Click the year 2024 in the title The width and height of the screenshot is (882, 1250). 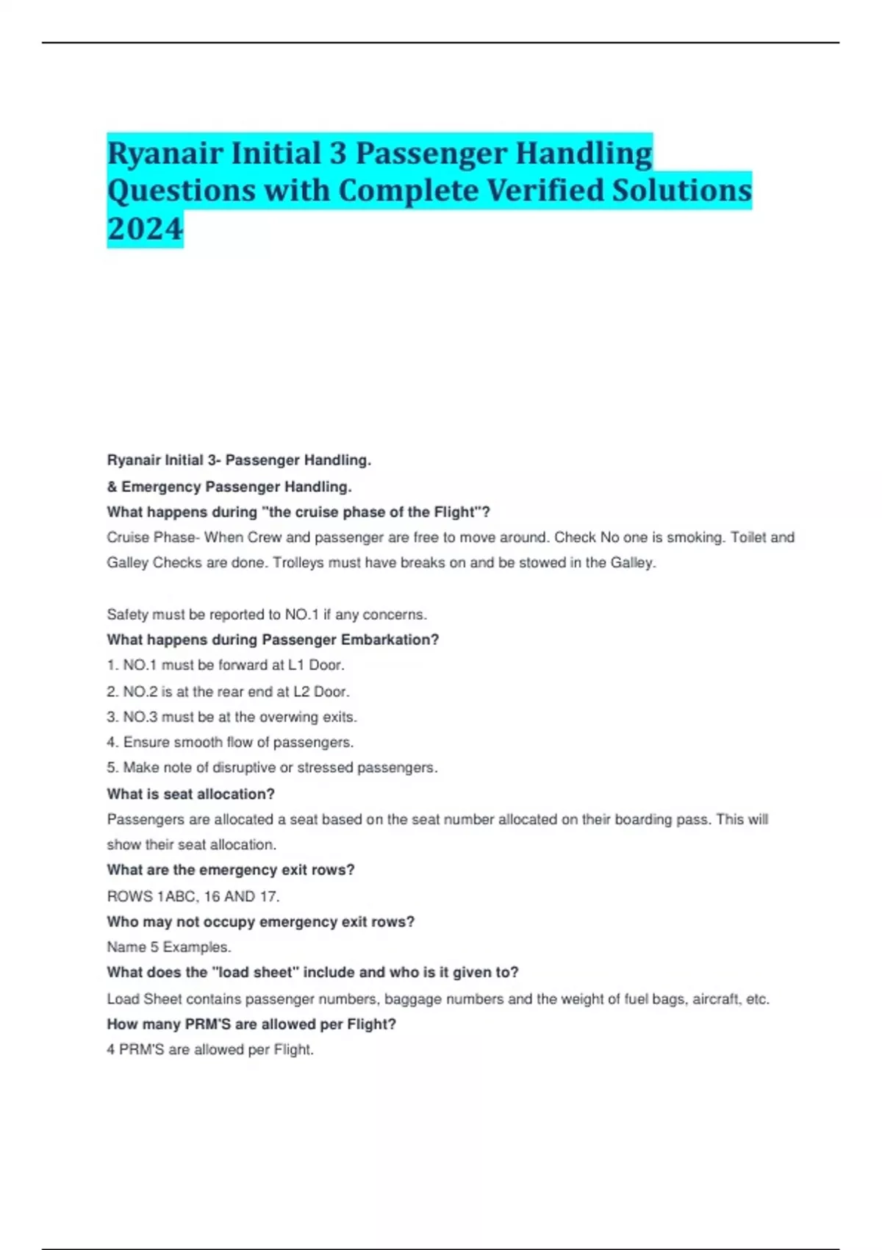click(x=145, y=229)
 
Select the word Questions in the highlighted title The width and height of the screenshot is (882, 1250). click(x=181, y=190)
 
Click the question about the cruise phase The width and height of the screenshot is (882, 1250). click(x=298, y=512)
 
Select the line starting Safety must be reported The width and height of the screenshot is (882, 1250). click(x=267, y=614)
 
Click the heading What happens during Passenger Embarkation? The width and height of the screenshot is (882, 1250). click(x=273, y=640)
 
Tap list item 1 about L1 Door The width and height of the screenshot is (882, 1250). click(x=226, y=665)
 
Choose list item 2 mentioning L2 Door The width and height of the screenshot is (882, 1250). click(x=228, y=691)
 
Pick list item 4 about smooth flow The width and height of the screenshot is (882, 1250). click(x=230, y=743)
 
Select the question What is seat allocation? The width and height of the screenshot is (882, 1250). click(x=190, y=794)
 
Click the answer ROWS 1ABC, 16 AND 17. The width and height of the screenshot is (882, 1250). click(x=193, y=896)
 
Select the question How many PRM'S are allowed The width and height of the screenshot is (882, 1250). click(x=251, y=1024)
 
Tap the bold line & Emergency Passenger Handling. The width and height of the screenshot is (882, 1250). click(x=229, y=487)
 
